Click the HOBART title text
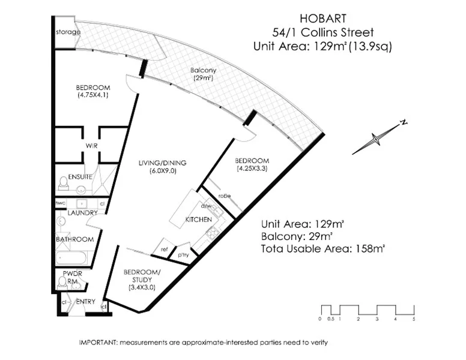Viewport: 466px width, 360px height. point(322,20)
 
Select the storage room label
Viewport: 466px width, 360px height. point(68,32)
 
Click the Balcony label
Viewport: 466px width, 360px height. point(204,70)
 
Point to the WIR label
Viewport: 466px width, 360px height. point(91,145)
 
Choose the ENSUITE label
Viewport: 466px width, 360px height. point(80,177)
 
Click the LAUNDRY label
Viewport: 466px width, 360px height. point(83,213)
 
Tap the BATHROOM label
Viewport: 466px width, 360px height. point(75,239)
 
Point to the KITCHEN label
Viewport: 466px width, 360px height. point(198,220)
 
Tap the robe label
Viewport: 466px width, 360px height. point(225,196)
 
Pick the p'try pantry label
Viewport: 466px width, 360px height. point(182,254)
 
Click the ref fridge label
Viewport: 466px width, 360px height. point(163,248)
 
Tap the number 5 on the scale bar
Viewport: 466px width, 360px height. point(414,319)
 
